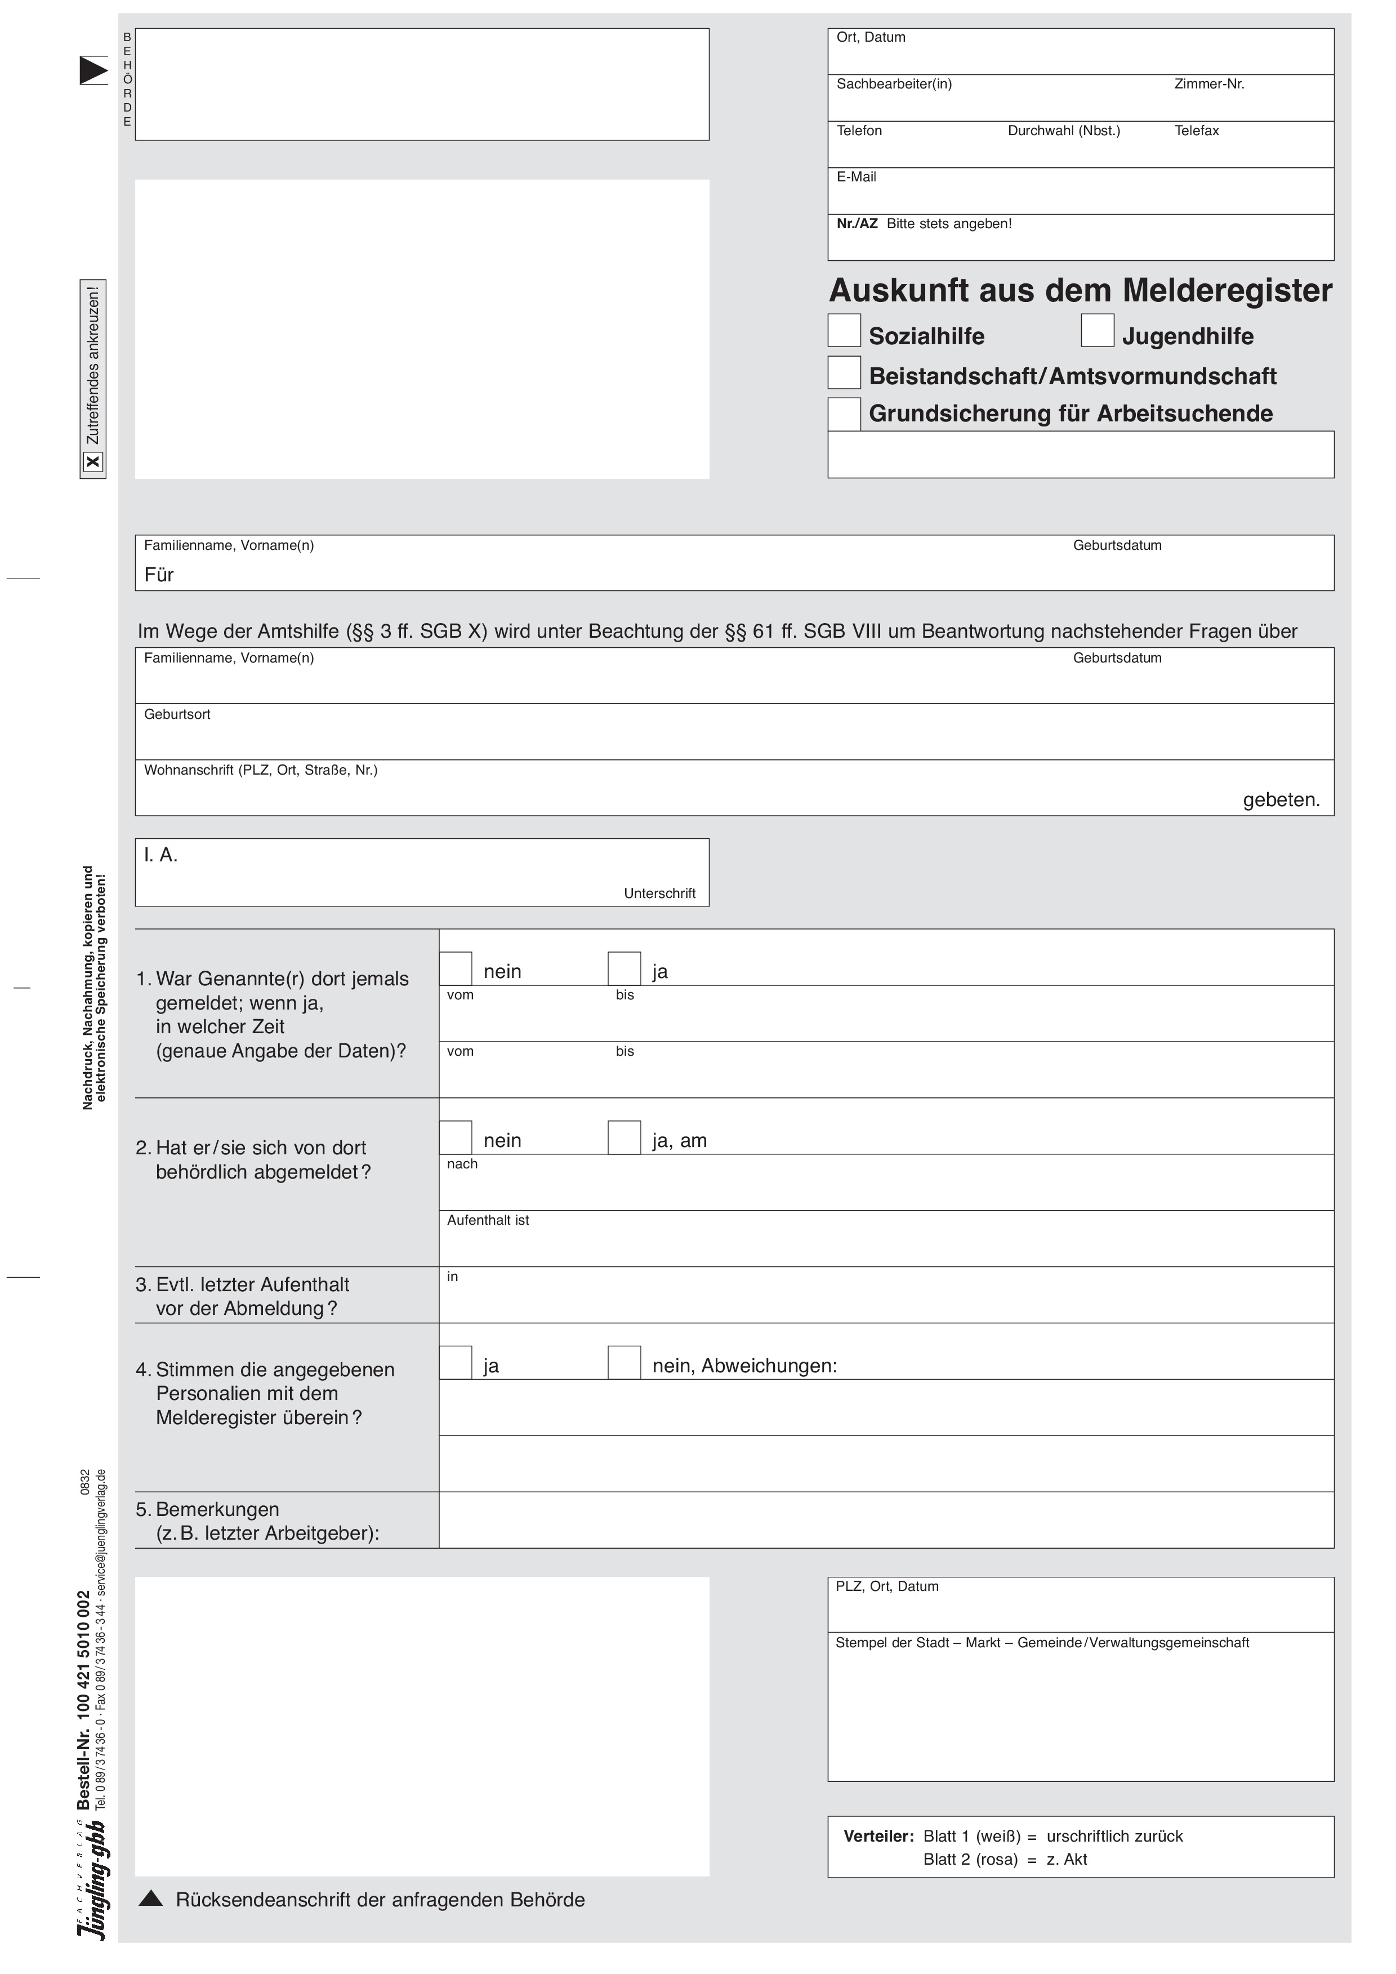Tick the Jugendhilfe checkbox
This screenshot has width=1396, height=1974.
pos(1097,330)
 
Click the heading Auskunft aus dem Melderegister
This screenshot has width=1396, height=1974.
pos(1080,291)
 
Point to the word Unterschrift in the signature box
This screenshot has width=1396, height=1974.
pos(659,893)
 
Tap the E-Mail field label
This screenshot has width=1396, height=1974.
pos(856,177)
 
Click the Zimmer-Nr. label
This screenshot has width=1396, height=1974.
pos(1208,85)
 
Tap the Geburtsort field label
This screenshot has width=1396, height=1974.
pos(177,714)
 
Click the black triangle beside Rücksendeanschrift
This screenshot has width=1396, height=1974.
pos(150,1899)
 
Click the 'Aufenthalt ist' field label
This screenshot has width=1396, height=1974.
pos(488,1220)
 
